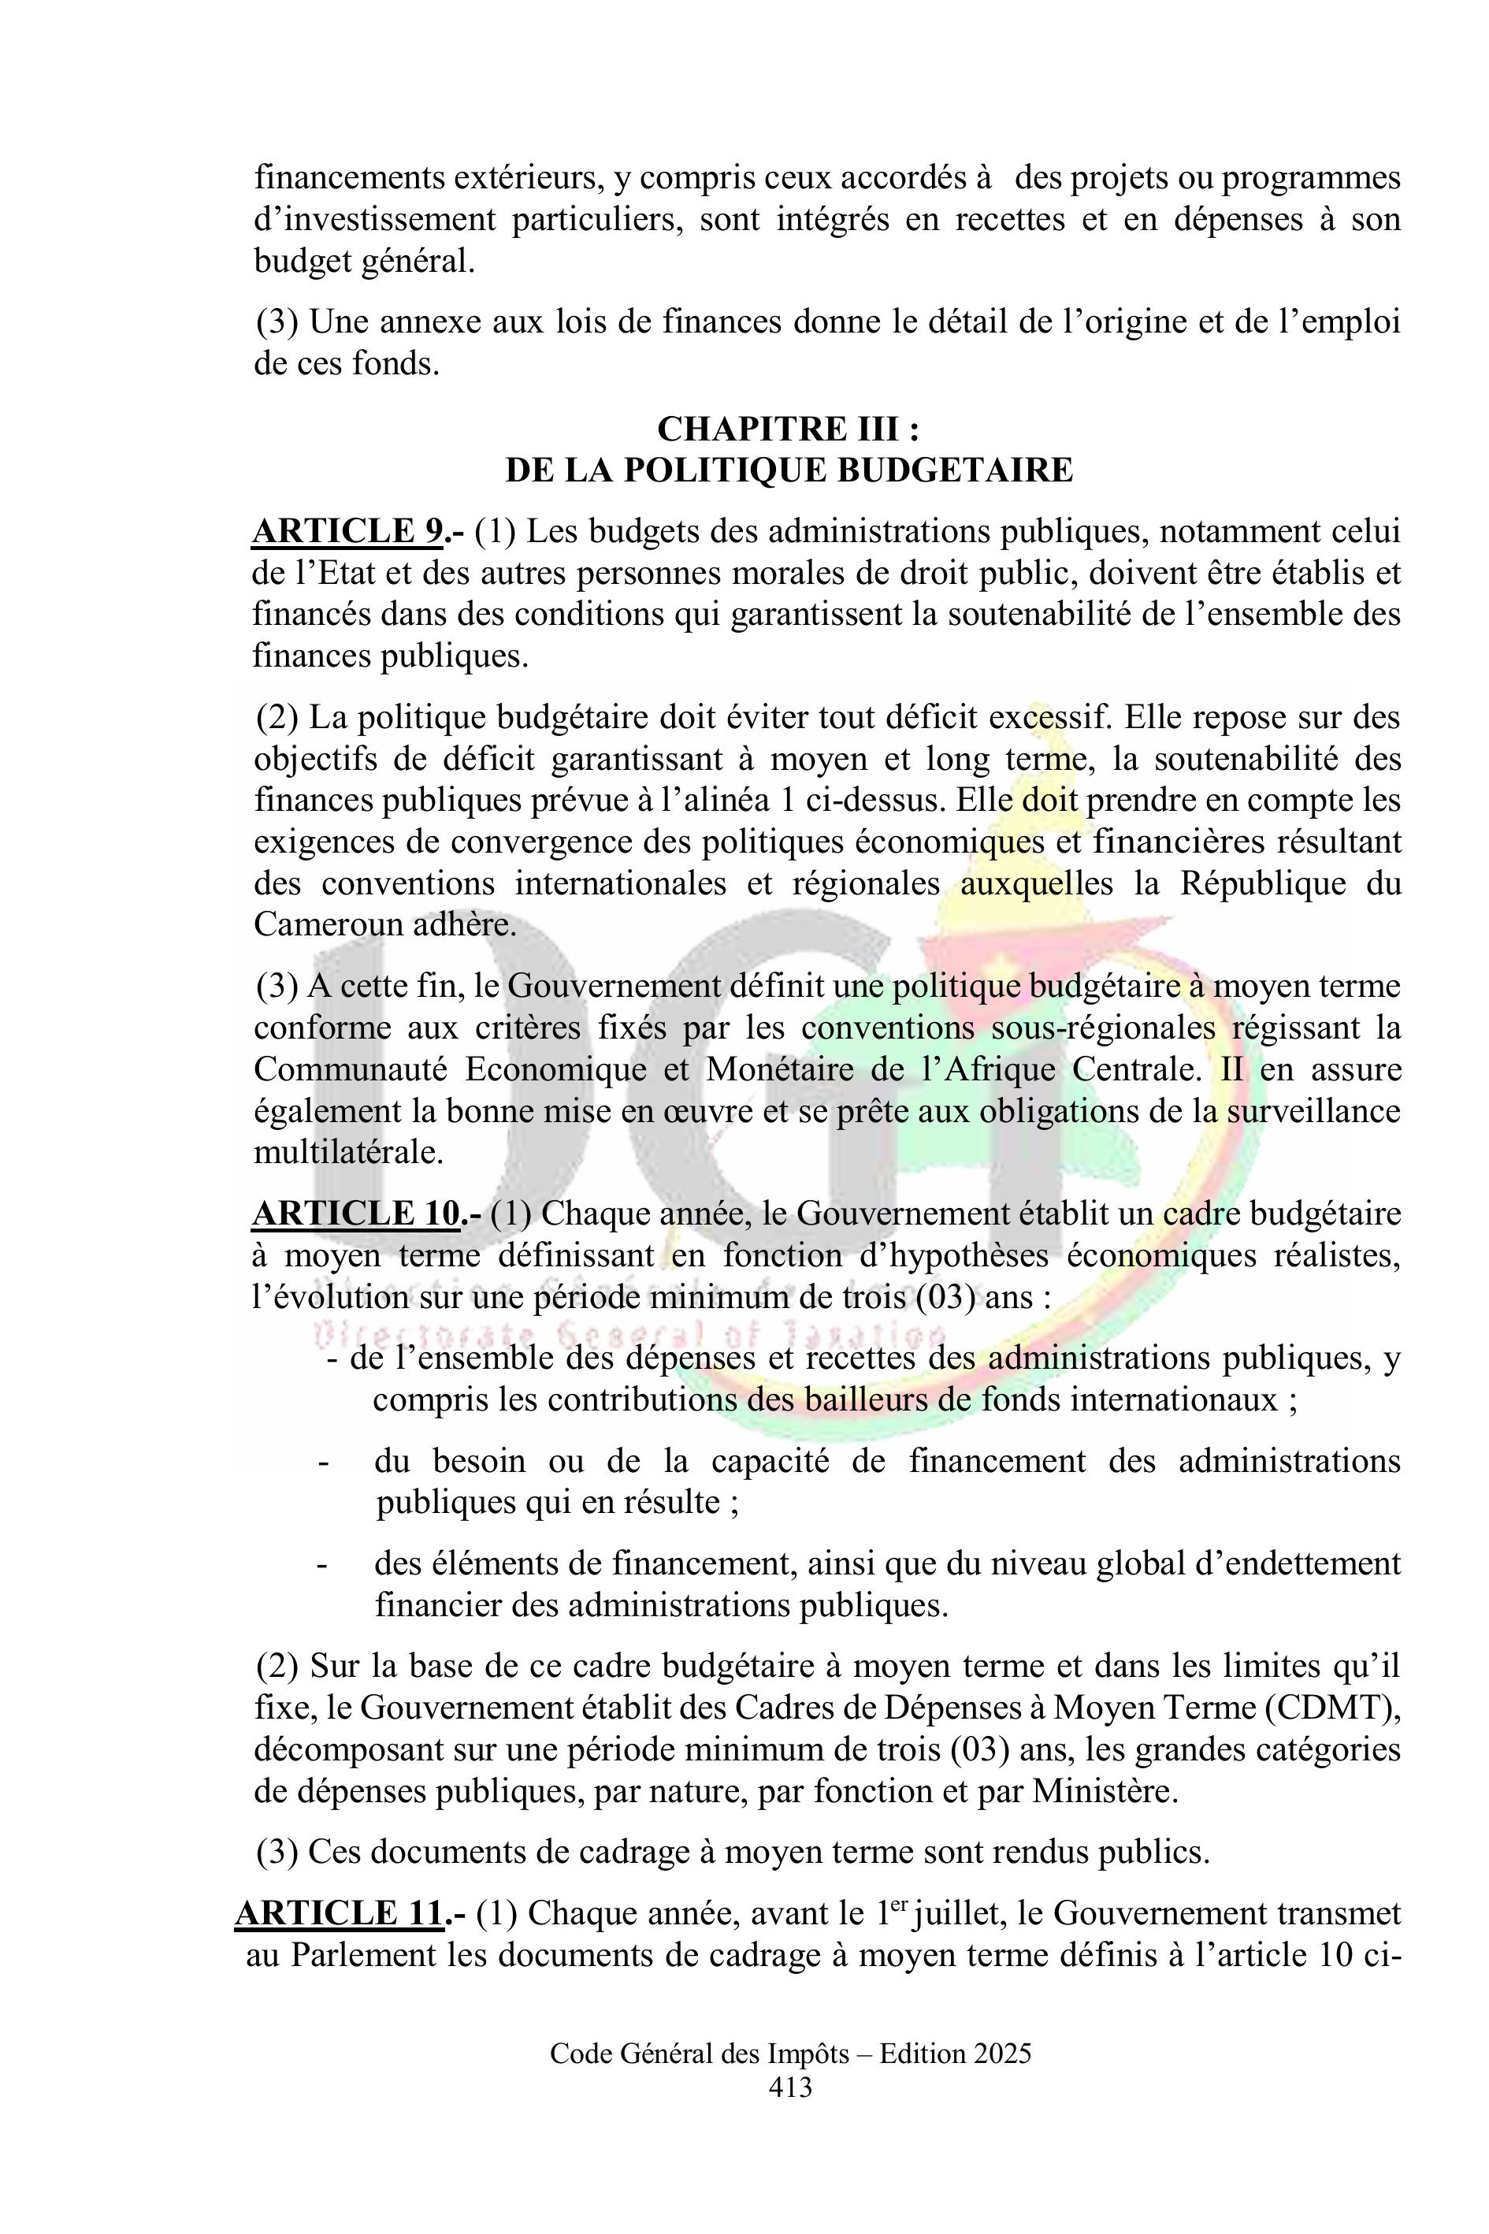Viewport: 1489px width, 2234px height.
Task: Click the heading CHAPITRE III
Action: (x=787, y=429)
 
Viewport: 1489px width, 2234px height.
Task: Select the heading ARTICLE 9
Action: (x=347, y=532)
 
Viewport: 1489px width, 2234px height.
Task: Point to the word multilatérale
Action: (x=348, y=1152)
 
